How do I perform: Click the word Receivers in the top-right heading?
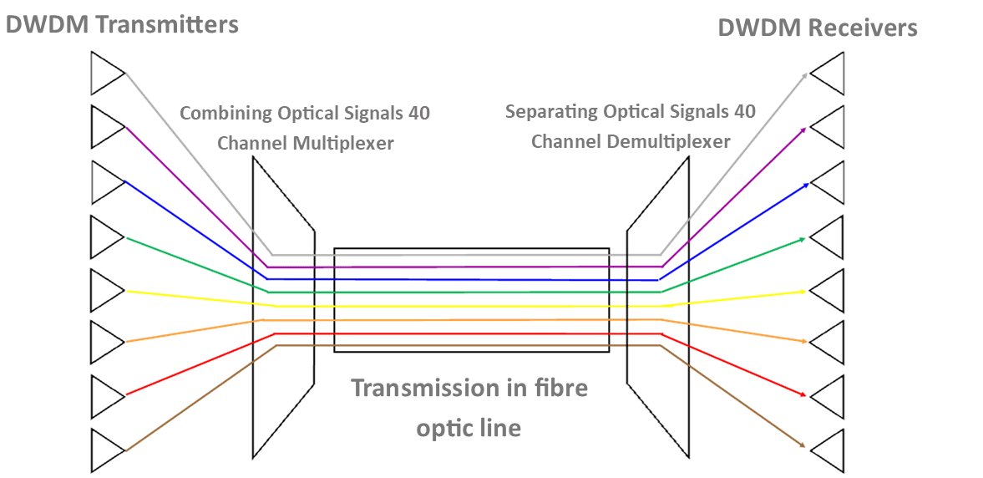(x=863, y=28)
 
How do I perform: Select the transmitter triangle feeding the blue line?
(x=107, y=181)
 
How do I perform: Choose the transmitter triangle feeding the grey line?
(x=107, y=73)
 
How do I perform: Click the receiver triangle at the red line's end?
(x=828, y=395)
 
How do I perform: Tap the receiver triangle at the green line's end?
(x=828, y=236)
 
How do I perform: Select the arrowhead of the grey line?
(x=804, y=76)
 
